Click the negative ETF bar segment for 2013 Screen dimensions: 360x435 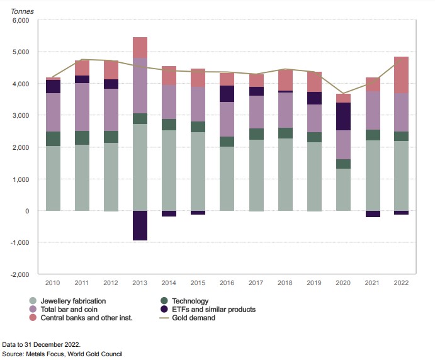point(140,225)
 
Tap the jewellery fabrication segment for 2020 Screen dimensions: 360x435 point(343,189)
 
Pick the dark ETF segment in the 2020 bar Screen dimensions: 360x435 point(343,116)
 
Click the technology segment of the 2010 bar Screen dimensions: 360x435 point(53,138)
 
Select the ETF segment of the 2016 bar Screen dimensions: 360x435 point(227,94)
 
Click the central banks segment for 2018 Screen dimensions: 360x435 point(285,80)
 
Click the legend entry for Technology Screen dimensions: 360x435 point(186,301)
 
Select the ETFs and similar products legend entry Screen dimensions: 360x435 point(213,310)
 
